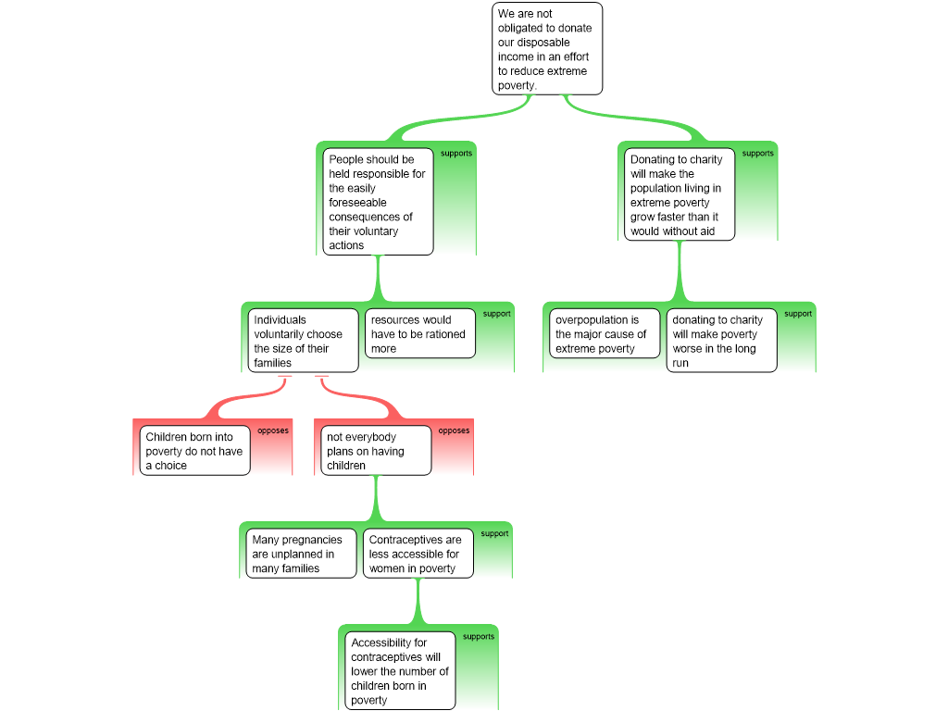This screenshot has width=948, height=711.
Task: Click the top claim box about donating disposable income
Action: point(546,49)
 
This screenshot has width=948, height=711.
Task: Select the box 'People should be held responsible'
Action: point(380,202)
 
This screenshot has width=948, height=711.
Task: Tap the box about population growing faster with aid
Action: point(679,194)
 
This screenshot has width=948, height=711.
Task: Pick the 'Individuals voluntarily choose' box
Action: point(303,341)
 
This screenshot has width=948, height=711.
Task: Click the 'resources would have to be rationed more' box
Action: point(419,333)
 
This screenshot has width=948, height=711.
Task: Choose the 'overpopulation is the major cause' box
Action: point(605,333)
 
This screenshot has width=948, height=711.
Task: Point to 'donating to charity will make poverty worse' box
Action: point(721,341)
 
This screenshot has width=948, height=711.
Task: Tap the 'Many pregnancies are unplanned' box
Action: point(301,554)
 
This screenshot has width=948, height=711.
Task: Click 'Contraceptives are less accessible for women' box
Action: point(418,554)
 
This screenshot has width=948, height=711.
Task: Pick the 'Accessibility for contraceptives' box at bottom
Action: point(400,671)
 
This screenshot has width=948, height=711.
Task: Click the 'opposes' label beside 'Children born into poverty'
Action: point(273,430)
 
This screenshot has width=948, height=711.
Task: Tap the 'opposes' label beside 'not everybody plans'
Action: point(454,430)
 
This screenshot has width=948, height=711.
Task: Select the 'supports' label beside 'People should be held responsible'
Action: point(456,154)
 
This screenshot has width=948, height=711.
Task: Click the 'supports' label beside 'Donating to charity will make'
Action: point(758,154)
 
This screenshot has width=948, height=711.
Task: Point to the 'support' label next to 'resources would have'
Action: point(496,314)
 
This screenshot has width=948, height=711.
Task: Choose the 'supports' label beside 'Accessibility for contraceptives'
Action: point(479,637)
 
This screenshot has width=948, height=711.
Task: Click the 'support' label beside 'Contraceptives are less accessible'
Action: point(494,534)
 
